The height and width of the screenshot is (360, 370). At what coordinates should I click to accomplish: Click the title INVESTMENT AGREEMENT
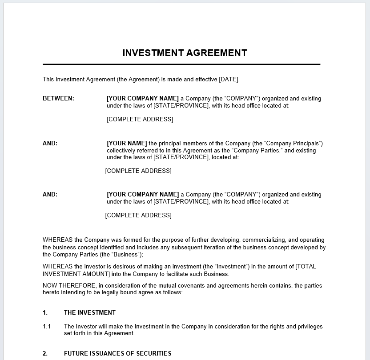(x=185, y=53)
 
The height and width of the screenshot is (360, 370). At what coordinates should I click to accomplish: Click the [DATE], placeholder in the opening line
(x=229, y=80)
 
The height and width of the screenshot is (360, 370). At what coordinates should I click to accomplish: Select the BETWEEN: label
(x=58, y=99)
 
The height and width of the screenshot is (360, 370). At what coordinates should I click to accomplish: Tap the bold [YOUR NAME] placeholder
(x=127, y=144)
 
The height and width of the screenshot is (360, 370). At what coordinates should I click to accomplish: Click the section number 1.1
(x=47, y=327)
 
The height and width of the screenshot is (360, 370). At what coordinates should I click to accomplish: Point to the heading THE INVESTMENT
(x=89, y=313)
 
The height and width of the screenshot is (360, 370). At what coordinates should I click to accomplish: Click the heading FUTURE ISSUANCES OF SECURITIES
(x=117, y=354)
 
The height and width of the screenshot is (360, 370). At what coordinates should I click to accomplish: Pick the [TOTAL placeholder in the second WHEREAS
(x=306, y=267)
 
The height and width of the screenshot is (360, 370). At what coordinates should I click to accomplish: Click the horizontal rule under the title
(x=181, y=64)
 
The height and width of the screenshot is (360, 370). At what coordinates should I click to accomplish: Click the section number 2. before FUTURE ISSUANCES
(x=45, y=354)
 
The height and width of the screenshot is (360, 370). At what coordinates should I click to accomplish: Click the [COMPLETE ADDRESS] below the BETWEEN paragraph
(x=140, y=120)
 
